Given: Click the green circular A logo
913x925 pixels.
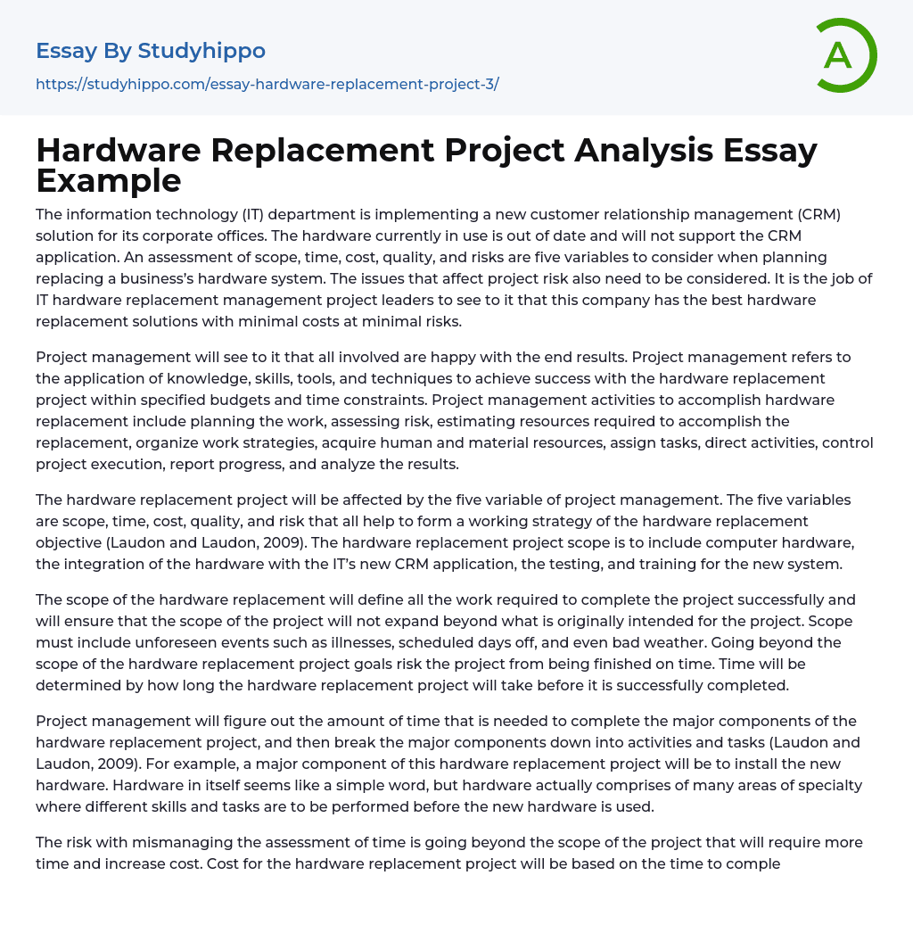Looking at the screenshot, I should point(845,55).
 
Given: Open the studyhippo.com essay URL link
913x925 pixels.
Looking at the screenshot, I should point(267,84).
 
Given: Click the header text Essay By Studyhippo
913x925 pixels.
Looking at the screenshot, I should point(151,51).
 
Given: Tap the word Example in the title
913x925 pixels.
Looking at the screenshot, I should point(109,181).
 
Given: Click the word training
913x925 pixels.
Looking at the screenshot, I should point(702,564).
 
